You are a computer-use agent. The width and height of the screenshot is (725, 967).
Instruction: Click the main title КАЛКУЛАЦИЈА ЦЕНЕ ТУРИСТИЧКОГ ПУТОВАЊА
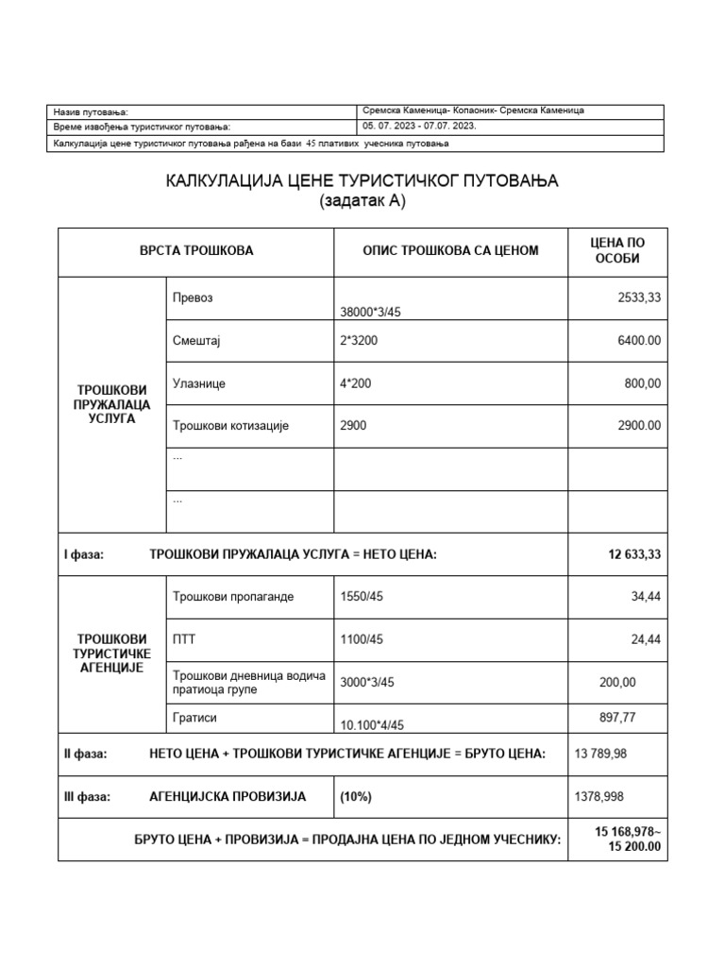coord(362,180)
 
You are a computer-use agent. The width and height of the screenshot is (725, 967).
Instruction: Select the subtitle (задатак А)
coord(362,200)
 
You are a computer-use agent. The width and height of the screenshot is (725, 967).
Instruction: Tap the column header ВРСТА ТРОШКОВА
coord(196,250)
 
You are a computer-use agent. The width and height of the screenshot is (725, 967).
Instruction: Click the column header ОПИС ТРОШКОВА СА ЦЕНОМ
coord(450,250)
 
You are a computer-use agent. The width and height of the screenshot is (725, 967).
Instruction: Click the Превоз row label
coord(193,297)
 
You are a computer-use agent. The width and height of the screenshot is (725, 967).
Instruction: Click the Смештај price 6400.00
coord(639,340)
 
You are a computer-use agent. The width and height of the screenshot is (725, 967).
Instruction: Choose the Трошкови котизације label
coord(230,426)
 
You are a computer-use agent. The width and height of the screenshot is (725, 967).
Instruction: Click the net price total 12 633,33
coord(634,554)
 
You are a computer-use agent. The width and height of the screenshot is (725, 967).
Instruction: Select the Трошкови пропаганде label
coord(233,597)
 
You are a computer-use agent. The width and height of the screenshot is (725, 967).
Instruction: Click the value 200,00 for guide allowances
coord(617,682)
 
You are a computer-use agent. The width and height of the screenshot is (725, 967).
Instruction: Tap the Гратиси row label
coord(194,718)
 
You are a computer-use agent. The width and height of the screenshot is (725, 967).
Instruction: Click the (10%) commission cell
coord(357,797)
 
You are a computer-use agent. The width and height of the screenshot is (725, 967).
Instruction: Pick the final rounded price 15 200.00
coord(634,846)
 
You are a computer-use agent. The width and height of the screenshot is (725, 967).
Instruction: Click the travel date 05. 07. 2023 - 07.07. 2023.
coord(419,126)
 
